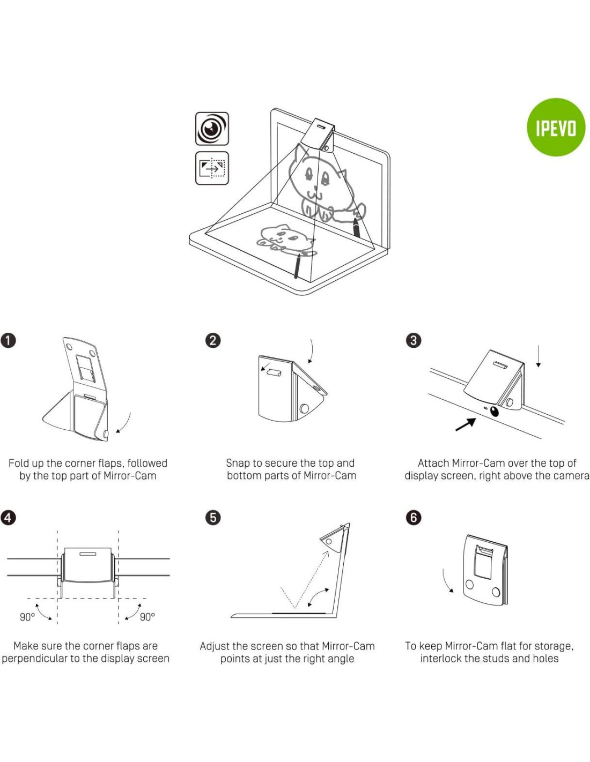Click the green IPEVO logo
(556, 128)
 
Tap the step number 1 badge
(8, 340)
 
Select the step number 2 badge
(213, 340)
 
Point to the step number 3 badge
(414, 340)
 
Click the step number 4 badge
(8, 518)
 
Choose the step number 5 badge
(213, 518)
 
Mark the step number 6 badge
(414, 518)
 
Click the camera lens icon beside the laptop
(212, 129)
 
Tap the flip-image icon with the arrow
(212, 168)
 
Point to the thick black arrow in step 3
(465, 424)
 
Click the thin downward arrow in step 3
(538, 356)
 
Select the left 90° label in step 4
(27, 617)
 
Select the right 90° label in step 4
(147, 617)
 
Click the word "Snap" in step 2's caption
(238, 463)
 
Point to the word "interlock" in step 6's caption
(442, 659)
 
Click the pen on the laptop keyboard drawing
(297, 266)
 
